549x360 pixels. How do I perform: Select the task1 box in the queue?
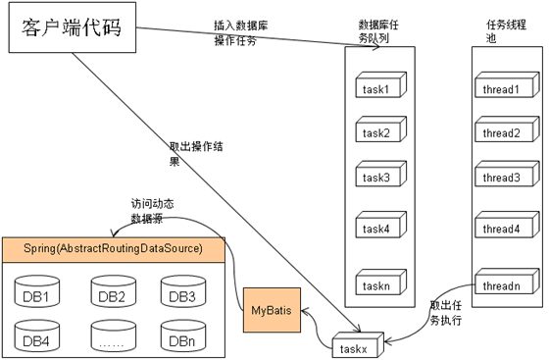point(376,89)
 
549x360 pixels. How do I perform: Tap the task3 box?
point(376,178)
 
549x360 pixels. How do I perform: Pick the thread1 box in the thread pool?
point(502,90)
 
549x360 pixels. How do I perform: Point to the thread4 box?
point(502,229)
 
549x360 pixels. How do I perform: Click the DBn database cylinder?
point(181,338)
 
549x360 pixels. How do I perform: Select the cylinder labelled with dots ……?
point(111,338)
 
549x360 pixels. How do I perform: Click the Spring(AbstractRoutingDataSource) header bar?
point(114,248)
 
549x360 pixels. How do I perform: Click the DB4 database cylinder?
point(38,338)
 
